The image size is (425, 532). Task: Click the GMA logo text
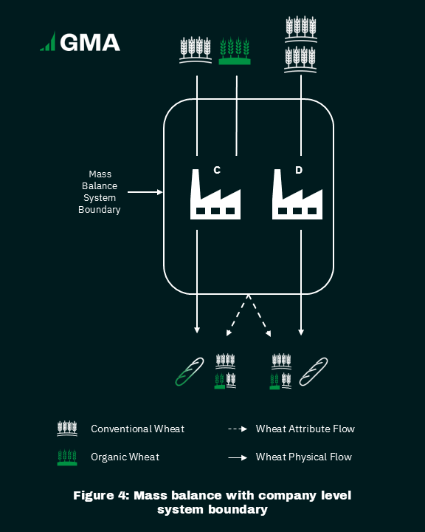90,42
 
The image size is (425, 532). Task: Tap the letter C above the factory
217,170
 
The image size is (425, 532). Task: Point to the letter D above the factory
299,170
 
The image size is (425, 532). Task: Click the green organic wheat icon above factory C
235,51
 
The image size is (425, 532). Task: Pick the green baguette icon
190,372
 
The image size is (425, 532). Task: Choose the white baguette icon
314,372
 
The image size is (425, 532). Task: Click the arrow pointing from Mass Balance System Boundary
145,192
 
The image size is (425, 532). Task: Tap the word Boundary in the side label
100,210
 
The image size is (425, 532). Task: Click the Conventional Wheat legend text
137,429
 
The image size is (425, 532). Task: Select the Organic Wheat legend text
125,457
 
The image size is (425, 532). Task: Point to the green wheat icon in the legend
67,457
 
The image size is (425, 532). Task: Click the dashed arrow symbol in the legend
238,429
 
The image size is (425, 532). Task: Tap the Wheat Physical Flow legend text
304,457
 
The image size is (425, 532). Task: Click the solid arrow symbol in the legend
238,457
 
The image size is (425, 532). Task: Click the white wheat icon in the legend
67,429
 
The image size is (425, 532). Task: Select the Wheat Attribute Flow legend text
305,429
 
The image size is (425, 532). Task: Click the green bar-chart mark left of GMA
49,41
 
